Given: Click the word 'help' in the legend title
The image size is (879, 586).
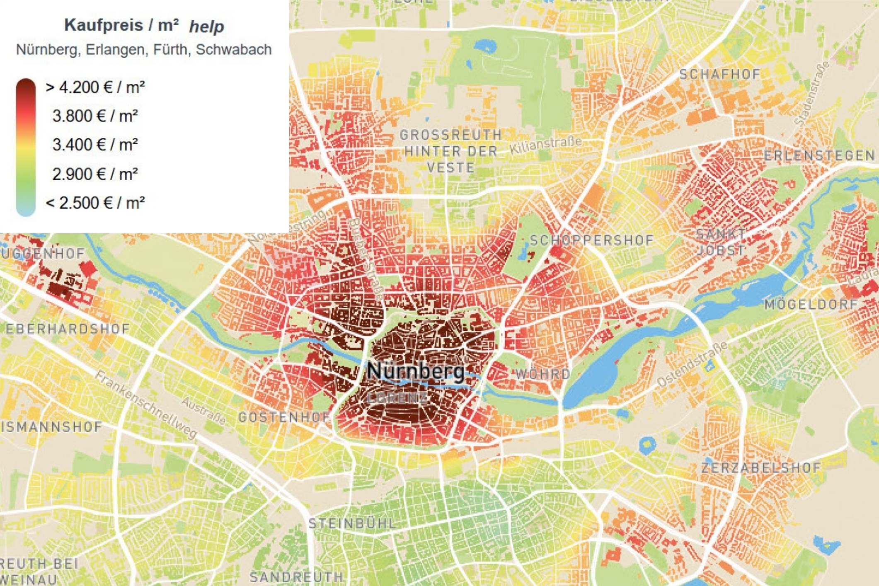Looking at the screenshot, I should coord(206,27).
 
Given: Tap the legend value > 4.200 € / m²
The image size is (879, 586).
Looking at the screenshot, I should coord(95,87).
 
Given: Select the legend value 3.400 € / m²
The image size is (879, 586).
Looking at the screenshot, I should coord(95,145).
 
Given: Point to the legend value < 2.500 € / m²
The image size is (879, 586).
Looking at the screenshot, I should coord(95,203).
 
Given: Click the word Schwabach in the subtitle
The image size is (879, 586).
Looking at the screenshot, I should coord(233,50).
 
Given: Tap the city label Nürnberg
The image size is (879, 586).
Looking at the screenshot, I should coord(416,370).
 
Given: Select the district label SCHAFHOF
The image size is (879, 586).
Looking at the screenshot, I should coord(720,75).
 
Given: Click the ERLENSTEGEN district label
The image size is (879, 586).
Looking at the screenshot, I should coord(819,156).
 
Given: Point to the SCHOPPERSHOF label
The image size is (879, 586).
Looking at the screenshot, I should coord(592,240).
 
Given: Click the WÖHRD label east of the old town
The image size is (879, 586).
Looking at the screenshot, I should coord(542,374).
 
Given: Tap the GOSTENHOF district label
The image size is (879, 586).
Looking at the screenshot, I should coord(284,417).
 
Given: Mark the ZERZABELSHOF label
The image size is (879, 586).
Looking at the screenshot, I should coord(760,468).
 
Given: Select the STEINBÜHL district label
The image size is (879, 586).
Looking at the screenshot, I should coord(352,523).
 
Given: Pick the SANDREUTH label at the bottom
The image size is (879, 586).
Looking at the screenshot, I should coord(296,576).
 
